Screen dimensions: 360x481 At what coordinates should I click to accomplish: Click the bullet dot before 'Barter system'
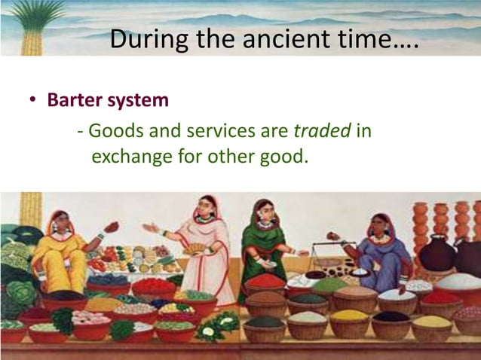(x=34, y=101)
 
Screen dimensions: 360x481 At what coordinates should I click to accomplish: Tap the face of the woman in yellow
(x=60, y=224)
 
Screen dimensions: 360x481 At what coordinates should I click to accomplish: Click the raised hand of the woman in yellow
(x=112, y=226)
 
